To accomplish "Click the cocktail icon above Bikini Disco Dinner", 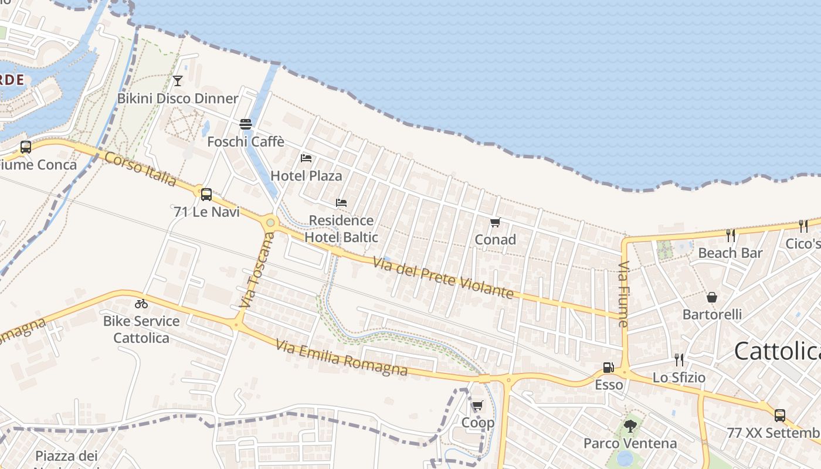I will [x=178, y=81].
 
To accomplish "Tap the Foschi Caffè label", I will [x=246, y=141].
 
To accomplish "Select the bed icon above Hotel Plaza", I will [x=306, y=158].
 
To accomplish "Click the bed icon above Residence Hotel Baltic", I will [x=341, y=203].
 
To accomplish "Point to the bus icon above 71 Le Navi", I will [x=206, y=194].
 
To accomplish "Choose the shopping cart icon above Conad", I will [x=496, y=223].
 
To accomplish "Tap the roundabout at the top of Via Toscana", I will [x=270, y=222].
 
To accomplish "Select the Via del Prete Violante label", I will [x=443, y=278].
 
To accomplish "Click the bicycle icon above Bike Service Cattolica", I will [x=141, y=304].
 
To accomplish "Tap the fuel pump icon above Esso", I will [x=609, y=368].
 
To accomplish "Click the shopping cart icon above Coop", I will [x=478, y=406].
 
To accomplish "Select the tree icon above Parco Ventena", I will [x=630, y=426].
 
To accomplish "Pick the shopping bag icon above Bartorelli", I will [x=712, y=297].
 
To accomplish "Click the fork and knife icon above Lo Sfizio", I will [x=679, y=359].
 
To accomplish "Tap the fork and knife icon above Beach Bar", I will [x=731, y=236].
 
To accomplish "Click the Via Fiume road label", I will [x=623, y=294].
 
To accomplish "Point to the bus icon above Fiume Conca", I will [x=26, y=147].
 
